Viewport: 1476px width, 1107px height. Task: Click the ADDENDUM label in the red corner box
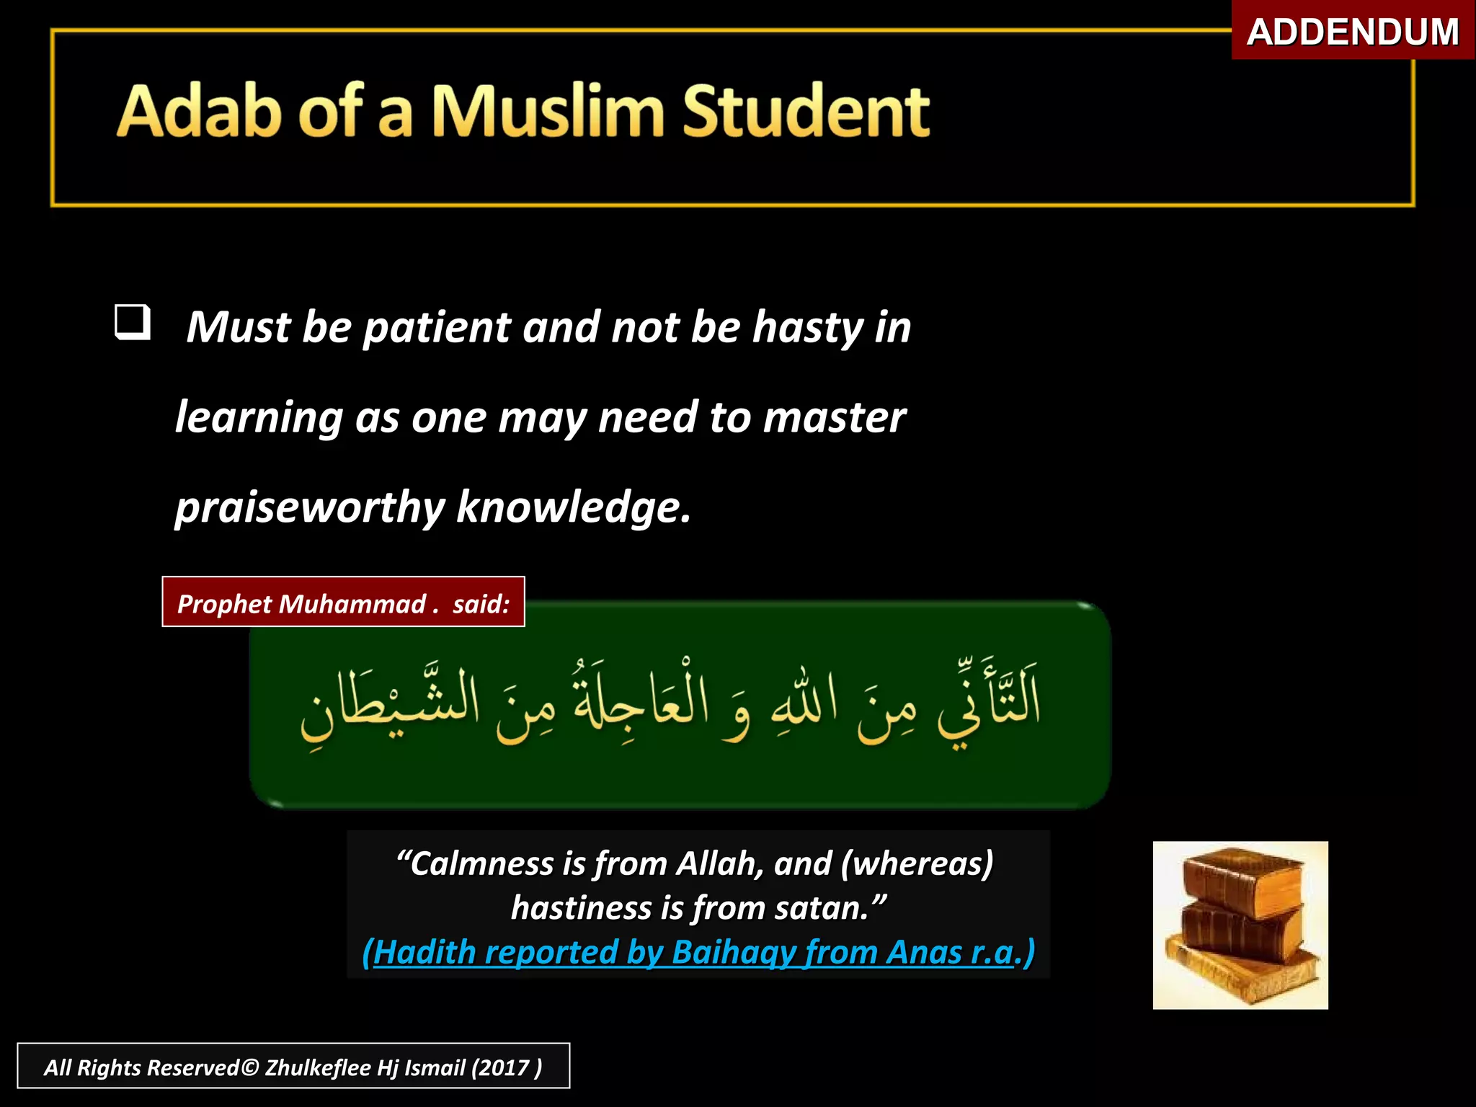[1353, 32]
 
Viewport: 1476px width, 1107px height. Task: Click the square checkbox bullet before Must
[133, 322]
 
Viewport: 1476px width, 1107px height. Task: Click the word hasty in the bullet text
[806, 327]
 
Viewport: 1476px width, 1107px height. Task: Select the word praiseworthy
[310, 507]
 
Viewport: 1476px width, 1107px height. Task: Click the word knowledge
[573, 507]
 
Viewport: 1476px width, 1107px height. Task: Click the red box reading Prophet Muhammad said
[343, 603]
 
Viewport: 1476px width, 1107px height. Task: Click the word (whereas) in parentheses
[917, 863]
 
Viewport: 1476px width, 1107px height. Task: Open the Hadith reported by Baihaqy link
[698, 952]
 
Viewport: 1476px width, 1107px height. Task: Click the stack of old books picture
[1240, 925]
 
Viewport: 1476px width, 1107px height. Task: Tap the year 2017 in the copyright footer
[502, 1067]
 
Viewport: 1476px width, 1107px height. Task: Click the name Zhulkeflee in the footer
[318, 1067]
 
